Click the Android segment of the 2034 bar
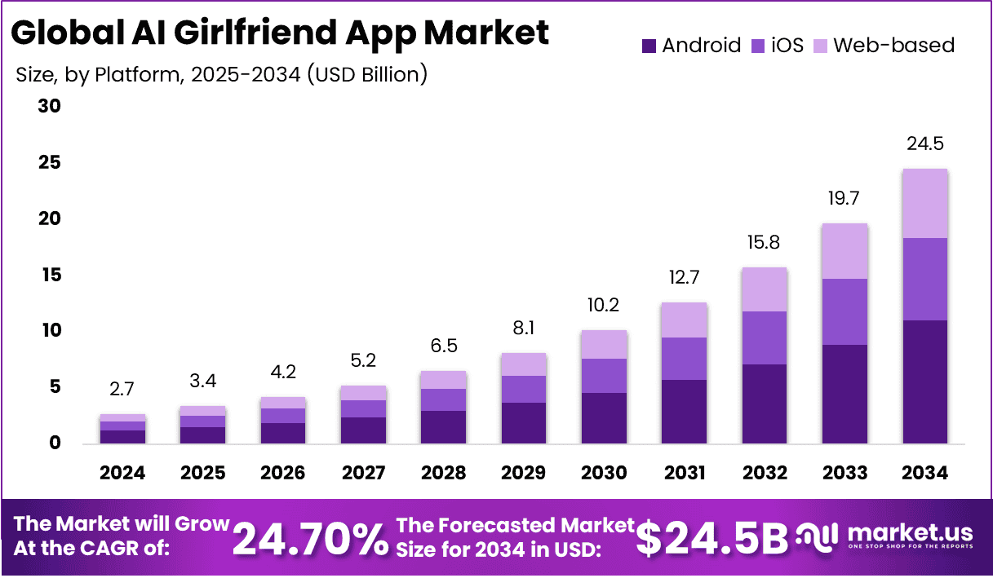(x=924, y=382)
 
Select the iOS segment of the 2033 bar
(x=844, y=311)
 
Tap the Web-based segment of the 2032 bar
(x=765, y=289)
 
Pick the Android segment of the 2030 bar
(x=604, y=417)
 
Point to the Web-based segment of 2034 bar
(x=924, y=204)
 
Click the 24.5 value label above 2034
(x=924, y=144)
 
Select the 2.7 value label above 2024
(x=122, y=389)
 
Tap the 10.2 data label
(x=604, y=305)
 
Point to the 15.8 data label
(x=765, y=243)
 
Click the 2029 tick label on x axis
(x=524, y=473)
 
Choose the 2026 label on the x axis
(x=283, y=473)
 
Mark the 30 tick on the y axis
(x=50, y=107)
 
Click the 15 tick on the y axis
(x=50, y=276)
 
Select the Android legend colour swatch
(x=649, y=46)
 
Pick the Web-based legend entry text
(x=893, y=45)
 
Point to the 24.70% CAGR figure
(x=310, y=538)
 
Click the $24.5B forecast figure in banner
(x=712, y=538)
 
